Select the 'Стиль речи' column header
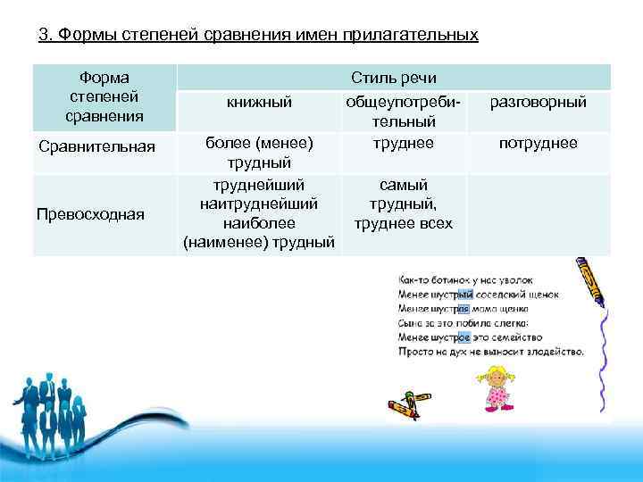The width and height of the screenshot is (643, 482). click(393, 78)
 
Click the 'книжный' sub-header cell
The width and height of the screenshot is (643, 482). click(259, 103)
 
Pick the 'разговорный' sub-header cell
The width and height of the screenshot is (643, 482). click(538, 103)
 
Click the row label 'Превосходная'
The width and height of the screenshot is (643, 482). click(90, 213)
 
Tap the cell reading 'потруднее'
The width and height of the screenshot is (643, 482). click(538, 143)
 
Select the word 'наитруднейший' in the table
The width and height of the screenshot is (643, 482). click(259, 204)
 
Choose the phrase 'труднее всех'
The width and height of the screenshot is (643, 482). click(403, 223)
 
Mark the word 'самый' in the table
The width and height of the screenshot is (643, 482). click(403, 185)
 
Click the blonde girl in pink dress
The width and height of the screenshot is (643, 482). click(497, 385)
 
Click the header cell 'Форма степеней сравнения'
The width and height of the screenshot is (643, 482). click(103, 98)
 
